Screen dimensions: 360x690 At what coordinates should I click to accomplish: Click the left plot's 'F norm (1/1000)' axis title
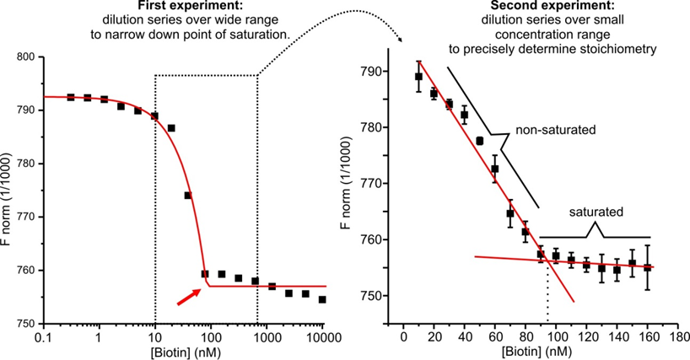[x=8, y=190]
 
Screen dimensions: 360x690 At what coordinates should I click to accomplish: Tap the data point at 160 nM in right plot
[x=647, y=267]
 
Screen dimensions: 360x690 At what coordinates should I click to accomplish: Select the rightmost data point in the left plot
[x=321, y=299]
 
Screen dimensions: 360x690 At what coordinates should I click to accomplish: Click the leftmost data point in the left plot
[x=71, y=98]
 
